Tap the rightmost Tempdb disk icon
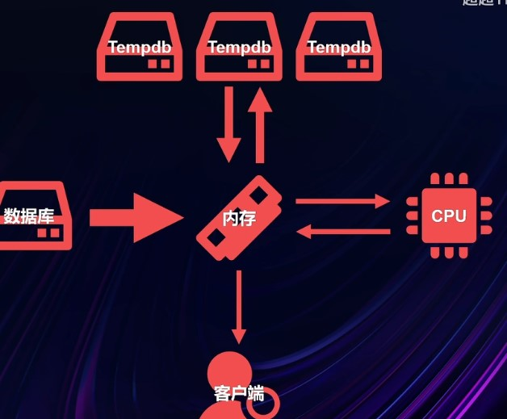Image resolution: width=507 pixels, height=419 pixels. click(x=338, y=48)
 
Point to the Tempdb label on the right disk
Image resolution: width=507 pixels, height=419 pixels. click(x=338, y=47)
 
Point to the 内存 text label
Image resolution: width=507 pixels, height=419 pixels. click(x=239, y=217)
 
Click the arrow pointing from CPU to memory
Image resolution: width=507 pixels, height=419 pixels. click(x=342, y=233)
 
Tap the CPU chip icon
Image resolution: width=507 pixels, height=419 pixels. click(x=448, y=216)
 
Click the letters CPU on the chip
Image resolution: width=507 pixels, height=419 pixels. click(x=448, y=216)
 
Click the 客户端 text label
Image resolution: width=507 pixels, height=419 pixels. click(x=239, y=394)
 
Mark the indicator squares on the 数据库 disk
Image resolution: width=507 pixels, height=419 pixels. click(x=48, y=233)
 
